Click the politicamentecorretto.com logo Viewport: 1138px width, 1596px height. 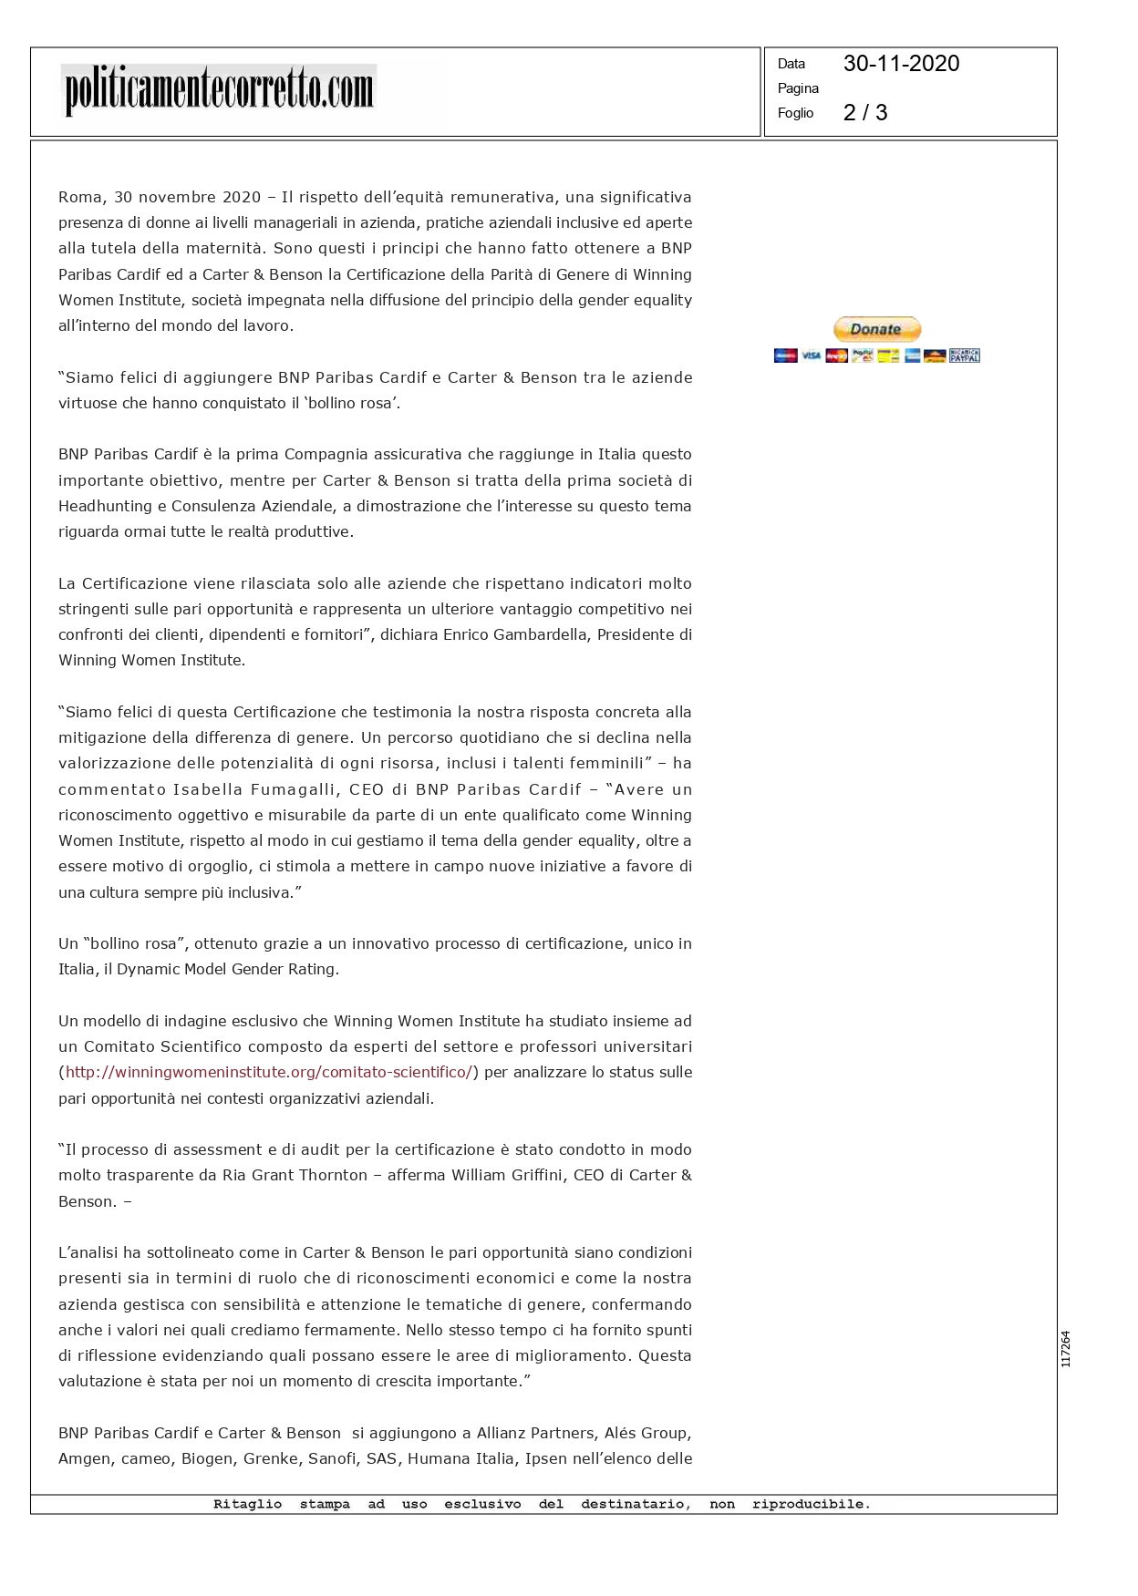tap(219, 90)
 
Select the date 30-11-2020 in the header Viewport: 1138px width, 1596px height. tap(901, 64)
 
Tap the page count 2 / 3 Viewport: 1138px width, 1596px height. tap(864, 113)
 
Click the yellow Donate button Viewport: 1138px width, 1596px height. tap(876, 329)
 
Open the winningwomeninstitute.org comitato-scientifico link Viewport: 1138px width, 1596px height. tap(269, 1073)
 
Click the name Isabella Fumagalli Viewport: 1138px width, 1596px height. tap(252, 789)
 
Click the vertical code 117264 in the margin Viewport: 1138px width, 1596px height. tap(1065, 1349)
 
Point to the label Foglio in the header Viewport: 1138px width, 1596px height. tap(795, 113)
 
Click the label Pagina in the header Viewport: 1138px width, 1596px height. tap(798, 88)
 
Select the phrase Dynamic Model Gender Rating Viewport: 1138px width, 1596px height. tap(226, 970)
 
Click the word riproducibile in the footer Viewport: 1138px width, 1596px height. tap(811, 1505)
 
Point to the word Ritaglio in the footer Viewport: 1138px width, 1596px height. tap(247, 1505)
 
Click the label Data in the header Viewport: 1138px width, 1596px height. tap(791, 64)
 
